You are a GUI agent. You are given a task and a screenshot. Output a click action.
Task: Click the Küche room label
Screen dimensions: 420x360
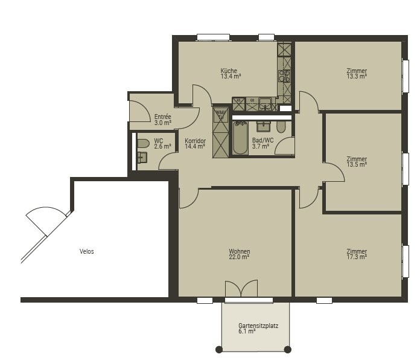pos(229,71)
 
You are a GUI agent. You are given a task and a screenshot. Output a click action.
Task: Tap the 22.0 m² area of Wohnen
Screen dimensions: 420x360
pos(239,257)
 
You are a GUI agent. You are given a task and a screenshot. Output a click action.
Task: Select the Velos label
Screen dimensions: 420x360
pos(86,251)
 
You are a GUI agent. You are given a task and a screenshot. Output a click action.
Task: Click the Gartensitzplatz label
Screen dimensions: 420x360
pos(258,326)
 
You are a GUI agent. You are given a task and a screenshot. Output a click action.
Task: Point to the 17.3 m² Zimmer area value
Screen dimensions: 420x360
pos(357,257)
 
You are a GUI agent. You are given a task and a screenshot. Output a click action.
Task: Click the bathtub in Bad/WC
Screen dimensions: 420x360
pos(240,138)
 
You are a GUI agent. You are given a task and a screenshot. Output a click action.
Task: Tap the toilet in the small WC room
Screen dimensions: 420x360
pos(143,143)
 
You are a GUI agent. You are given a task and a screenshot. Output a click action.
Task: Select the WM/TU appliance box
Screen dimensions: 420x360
pos(221,115)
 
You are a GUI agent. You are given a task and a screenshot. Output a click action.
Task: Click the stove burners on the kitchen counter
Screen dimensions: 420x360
pos(284,76)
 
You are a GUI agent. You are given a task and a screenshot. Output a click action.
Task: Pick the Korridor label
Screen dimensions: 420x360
pos(196,141)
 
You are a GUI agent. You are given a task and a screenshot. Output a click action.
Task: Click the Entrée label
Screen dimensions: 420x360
pos(162,117)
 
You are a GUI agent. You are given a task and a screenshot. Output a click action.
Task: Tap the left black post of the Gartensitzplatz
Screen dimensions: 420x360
pos(219,349)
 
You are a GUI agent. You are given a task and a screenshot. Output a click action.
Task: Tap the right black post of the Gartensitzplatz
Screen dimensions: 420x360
pos(287,349)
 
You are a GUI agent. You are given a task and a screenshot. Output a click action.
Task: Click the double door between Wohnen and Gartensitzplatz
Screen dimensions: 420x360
pos(241,288)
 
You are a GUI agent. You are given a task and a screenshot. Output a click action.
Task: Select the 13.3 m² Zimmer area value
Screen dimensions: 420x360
pos(357,76)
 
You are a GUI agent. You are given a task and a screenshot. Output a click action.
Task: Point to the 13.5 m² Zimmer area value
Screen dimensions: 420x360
pos(357,164)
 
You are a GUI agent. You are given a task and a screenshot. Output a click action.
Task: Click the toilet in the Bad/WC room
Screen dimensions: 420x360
pos(281,127)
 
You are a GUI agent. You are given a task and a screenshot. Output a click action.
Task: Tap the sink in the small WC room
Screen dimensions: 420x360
pos(142,158)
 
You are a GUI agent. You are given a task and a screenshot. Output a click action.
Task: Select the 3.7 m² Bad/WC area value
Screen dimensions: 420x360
pos(260,146)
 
